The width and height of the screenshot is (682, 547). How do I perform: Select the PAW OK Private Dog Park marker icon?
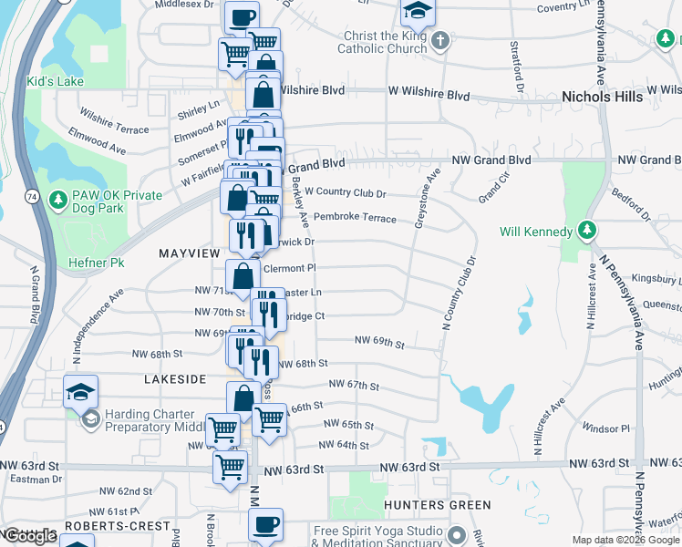pyautogui.click(x=57, y=199)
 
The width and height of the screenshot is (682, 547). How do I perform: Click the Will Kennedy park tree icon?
pyautogui.click(x=588, y=231)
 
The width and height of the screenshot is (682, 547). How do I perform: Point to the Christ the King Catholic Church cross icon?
pyautogui.click(x=440, y=41)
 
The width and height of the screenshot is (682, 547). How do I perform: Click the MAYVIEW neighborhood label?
pyautogui.click(x=190, y=252)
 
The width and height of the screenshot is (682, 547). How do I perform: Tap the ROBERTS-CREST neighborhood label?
pyautogui.click(x=118, y=526)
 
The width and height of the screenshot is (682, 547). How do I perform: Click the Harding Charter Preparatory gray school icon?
pyautogui.click(x=91, y=419)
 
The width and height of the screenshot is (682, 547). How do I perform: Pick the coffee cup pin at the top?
pyautogui.click(x=242, y=17)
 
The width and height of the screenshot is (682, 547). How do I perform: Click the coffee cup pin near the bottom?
pyautogui.click(x=266, y=524)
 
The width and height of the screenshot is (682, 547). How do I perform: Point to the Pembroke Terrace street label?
pyautogui.click(x=355, y=218)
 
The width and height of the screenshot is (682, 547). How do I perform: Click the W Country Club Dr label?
pyautogui.click(x=346, y=192)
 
